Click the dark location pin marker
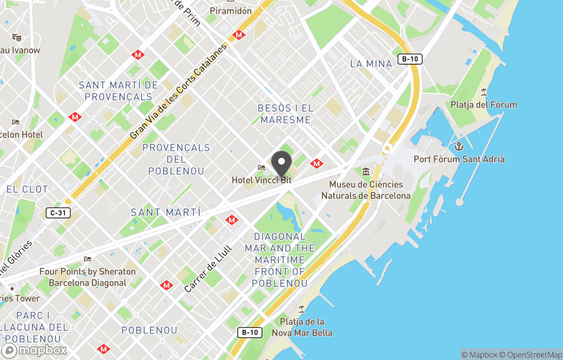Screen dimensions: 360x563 [282, 164]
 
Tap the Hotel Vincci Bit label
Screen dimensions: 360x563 [262, 180]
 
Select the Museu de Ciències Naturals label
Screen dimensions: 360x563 [366, 190]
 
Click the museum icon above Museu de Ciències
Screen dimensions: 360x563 [366, 172]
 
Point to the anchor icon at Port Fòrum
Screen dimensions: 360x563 [459, 146]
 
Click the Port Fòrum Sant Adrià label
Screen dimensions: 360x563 [459, 159]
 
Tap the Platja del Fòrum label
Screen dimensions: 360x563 [484, 105]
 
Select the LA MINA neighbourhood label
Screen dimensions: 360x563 [371, 64]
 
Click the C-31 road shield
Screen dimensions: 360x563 [58, 213]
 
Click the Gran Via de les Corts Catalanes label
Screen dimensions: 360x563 [179, 91]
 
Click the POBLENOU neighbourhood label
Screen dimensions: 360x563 [149, 330]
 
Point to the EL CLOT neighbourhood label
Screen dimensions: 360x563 [27, 189]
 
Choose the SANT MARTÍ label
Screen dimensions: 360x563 [166, 212]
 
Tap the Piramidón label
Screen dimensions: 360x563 [230, 10]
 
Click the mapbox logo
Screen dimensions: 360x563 [34, 351]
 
